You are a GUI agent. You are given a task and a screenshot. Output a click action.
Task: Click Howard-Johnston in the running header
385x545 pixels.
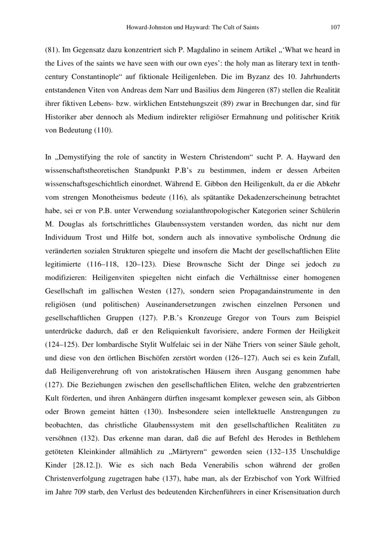(x=147, y=27)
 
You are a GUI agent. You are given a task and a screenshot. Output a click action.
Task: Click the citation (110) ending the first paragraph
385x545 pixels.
(x=104, y=130)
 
